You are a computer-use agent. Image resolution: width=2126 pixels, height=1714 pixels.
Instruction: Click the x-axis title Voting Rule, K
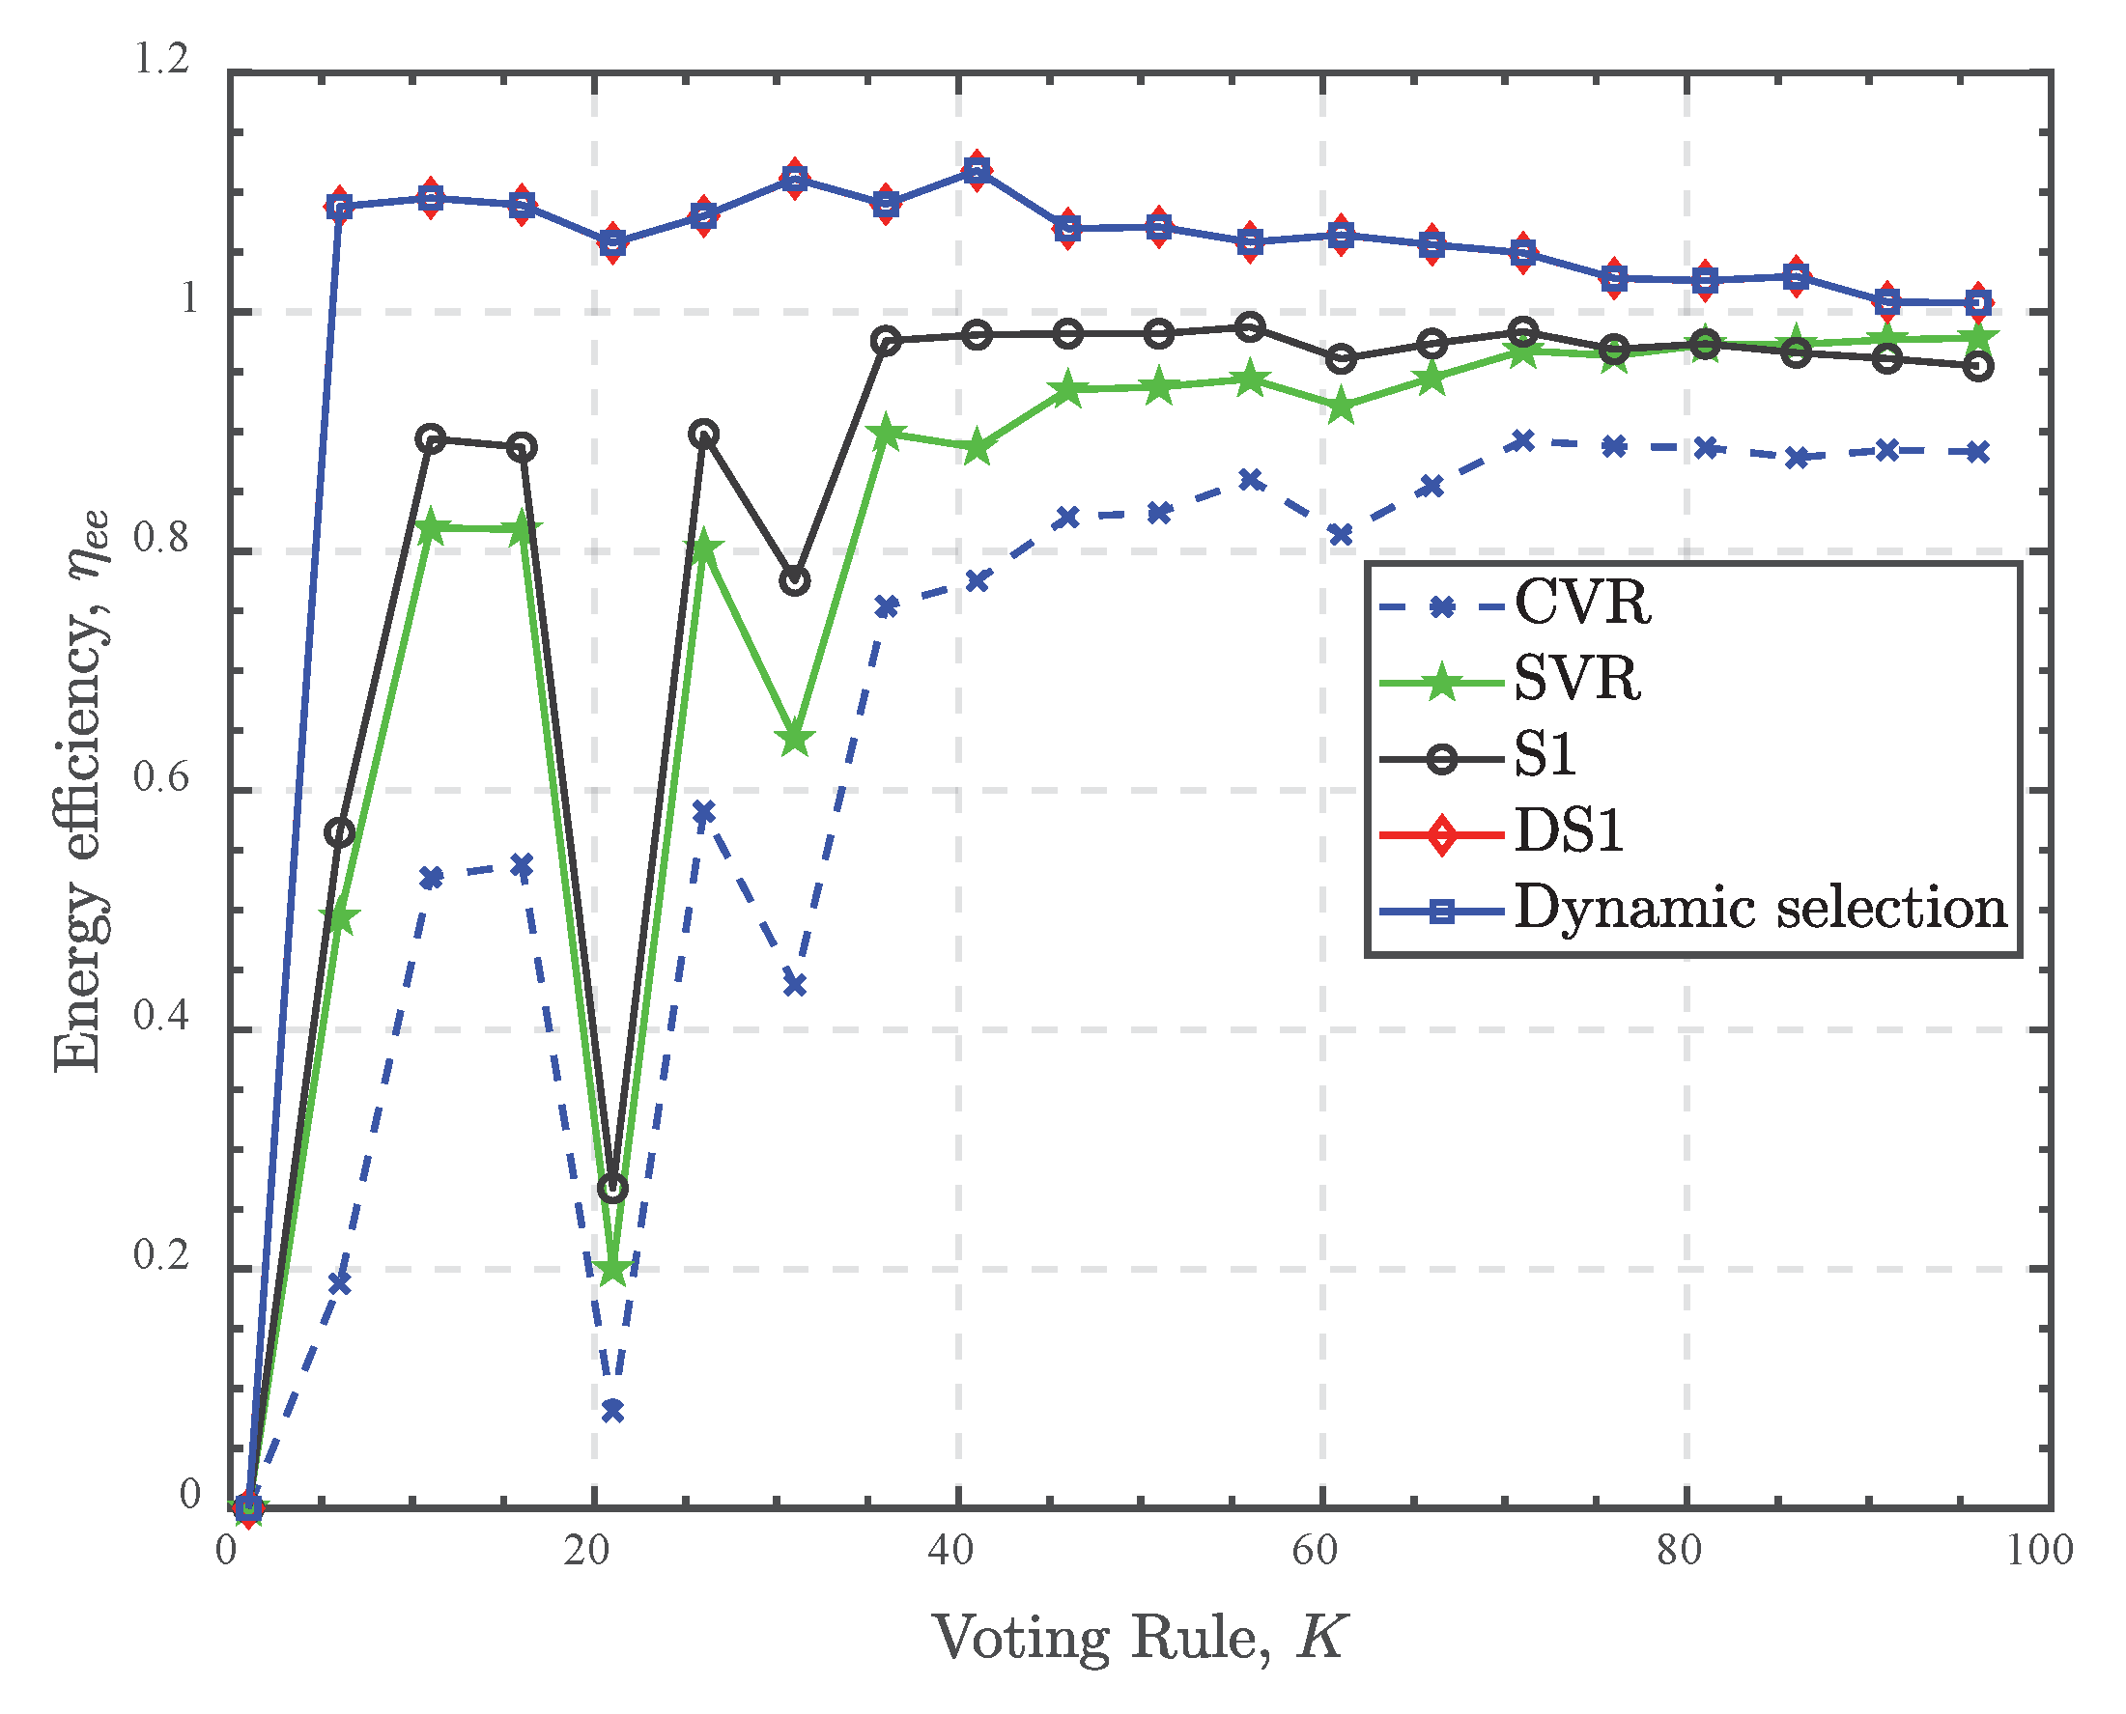[x=1139, y=1640]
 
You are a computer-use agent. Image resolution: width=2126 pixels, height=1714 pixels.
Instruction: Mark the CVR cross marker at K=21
[x=612, y=1411]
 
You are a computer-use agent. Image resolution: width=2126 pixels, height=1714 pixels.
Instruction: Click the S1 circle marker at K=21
[x=612, y=1189]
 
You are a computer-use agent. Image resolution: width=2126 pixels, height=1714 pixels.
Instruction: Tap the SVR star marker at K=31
[x=795, y=740]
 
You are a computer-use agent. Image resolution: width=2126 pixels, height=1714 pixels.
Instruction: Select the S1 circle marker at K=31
[x=795, y=580]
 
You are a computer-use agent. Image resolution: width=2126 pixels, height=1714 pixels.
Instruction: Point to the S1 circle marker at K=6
[x=340, y=832]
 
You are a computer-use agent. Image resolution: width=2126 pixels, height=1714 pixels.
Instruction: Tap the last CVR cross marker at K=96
[x=1978, y=453]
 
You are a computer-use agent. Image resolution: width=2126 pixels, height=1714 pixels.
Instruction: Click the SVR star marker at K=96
[x=1978, y=339]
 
